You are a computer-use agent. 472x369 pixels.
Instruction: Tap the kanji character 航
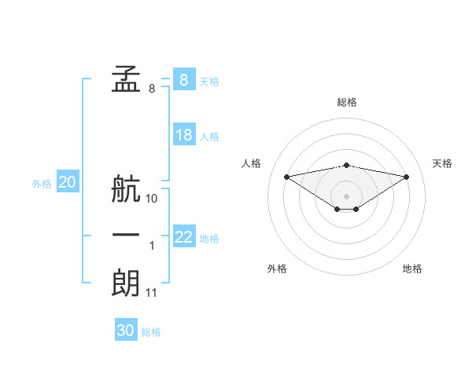(x=126, y=190)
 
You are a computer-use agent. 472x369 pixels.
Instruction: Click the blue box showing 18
(x=184, y=135)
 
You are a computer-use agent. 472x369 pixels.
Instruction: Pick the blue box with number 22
(x=184, y=237)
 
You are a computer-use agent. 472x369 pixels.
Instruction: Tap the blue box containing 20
(x=68, y=183)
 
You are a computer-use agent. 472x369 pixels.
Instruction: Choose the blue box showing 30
(x=126, y=331)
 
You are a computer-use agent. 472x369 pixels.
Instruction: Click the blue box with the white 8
(x=184, y=79)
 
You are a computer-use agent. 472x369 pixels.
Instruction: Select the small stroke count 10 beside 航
(x=152, y=199)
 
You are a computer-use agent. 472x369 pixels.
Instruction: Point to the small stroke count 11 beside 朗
(x=152, y=293)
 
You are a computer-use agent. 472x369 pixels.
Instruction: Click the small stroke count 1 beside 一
(x=152, y=247)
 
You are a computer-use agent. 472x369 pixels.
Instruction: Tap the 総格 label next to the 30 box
(x=151, y=332)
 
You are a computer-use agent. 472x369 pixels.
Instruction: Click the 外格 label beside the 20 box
(x=42, y=184)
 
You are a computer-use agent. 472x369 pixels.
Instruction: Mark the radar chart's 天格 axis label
(x=442, y=163)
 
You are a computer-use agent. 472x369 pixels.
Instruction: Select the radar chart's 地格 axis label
(x=412, y=269)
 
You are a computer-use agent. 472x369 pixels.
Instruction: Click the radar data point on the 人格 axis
(x=286, y=176)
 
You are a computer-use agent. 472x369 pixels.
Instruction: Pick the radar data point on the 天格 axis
(x=406, y=176)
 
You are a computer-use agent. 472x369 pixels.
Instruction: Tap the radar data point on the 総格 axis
(x=346, y=165)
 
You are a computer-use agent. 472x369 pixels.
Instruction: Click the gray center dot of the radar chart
(x=346, y=195)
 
